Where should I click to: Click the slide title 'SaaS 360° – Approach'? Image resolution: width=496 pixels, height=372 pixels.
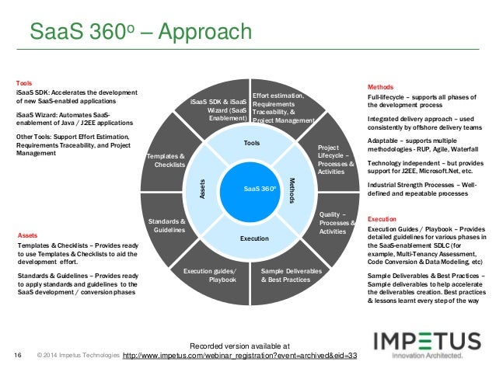[x=140, y=33]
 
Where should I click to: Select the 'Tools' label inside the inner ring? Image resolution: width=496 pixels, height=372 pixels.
[x=251, y=144]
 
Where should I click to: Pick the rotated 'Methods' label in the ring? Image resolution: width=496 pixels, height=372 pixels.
[x=292, y=190]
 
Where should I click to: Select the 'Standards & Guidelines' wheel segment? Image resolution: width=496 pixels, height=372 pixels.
[x=166, y=225]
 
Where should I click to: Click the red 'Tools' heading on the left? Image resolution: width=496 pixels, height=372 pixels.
[x=24, y=82]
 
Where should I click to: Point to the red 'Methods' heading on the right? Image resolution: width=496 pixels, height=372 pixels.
[x=380, y=86]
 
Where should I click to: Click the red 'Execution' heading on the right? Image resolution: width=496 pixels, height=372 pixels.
[x=382, y=219]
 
